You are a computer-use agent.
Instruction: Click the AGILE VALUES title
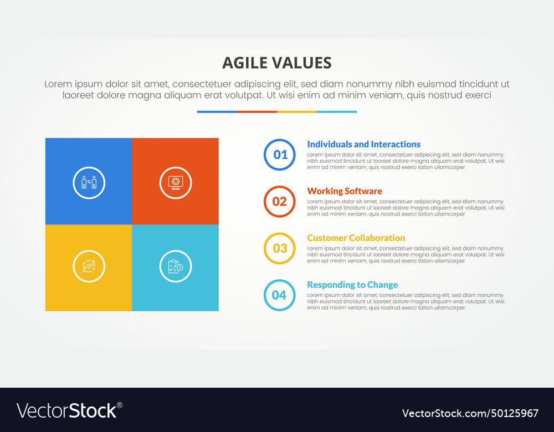point(277,63)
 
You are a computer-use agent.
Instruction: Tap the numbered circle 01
point(280,155)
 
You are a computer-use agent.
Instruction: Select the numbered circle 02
point(280,202)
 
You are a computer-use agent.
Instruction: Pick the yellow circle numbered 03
point(280,248)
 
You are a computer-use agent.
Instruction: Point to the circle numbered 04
point(280,295)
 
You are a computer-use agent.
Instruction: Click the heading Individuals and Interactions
point(363,145)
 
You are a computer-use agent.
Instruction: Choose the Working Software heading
point(345,191)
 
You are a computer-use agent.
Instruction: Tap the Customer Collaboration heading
point(356,238)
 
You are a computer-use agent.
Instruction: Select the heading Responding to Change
point(352,285)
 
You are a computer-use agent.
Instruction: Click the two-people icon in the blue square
point(89,182)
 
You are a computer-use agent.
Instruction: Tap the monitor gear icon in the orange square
point(176,182)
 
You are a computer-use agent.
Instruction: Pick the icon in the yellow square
point(89,266)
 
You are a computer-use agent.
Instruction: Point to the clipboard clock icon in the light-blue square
point(176,266)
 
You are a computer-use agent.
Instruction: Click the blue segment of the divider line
point(217,112)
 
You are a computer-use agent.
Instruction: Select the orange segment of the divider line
point(257,112)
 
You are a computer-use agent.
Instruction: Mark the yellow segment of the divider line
point(297,112)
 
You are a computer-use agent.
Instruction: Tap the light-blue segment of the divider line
point(337,112)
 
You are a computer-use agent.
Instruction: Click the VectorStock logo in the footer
point(69,410)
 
